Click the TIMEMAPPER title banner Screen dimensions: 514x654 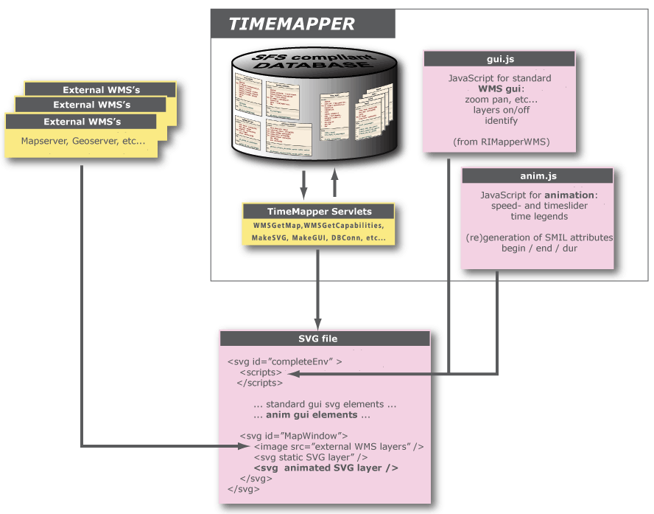[292, 24]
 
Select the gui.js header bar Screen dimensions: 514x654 [499, 58]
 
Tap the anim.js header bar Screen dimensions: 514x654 [537, 176]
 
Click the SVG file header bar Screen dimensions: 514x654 [324, 338]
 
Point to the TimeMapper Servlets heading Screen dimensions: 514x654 [319, 211]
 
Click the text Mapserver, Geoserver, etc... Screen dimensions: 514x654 [83, 141]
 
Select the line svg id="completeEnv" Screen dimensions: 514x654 [284, 362]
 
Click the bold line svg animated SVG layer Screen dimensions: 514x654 [326, 468]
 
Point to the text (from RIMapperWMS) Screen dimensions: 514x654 [499, 140]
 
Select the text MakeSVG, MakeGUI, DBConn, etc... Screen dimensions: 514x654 [318, 237]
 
